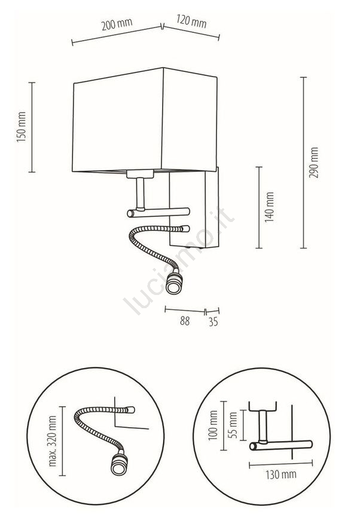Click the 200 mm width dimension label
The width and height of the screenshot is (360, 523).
[x=117, y=24]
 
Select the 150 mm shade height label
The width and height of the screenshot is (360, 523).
[x=22, y=127]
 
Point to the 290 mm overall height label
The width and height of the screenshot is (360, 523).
[x=314, y=162]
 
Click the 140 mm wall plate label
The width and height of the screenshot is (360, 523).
[x=269, y=207]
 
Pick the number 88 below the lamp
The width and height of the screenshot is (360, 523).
[x=185, y=321]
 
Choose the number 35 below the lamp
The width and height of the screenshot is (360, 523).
[x=213, y=321]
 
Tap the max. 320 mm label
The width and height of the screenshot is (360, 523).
[x=53, y=441]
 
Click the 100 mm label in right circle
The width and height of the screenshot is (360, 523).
[x=213, y=425]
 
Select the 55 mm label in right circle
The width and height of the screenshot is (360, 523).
[x=233, y=425]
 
